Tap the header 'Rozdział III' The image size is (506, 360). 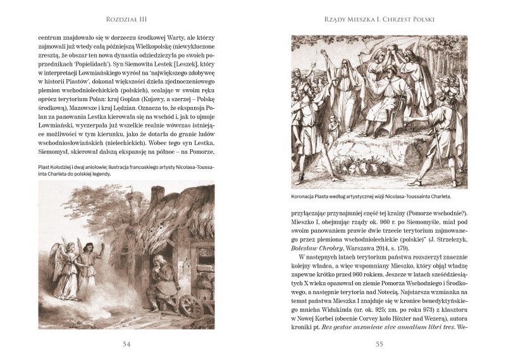click(x=126, y=20)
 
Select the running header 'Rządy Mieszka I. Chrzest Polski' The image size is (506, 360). click(x=379, y=20)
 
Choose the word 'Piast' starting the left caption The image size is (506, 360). click(x=46, y=167)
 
